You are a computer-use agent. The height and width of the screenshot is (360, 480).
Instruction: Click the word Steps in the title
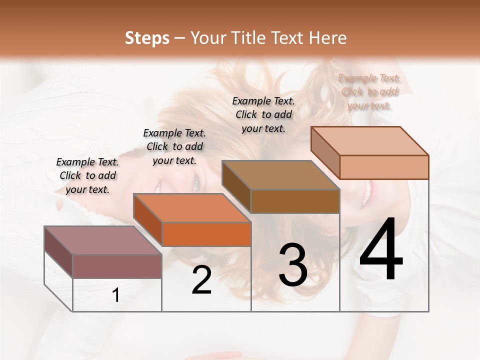tap(147, 38)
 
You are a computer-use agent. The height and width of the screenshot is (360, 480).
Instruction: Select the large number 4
tap(381, 250)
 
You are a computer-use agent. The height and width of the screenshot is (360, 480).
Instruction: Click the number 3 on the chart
tap(292, 264)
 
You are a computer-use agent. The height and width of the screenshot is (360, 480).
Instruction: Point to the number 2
tap(201, 280)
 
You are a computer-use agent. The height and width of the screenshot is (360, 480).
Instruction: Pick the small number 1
tap(116, 295)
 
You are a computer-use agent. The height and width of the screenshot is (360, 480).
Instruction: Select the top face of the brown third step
tap(280, 175)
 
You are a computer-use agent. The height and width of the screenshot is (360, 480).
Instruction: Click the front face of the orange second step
tap(206, 234)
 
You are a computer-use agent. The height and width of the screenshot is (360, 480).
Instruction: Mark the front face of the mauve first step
tap(117, 266)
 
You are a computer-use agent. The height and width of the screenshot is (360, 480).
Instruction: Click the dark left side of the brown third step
tap(236, 187)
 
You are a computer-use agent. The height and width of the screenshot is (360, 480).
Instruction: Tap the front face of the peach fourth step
tap(384, 167)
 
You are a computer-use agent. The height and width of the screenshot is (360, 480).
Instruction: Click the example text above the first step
tap(87, 176)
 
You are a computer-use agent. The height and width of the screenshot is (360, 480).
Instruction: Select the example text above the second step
tap(174, 146)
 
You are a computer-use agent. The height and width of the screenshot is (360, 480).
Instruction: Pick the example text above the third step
tap(263, 114)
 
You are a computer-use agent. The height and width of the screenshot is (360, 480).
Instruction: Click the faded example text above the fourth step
tap(369, 92)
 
